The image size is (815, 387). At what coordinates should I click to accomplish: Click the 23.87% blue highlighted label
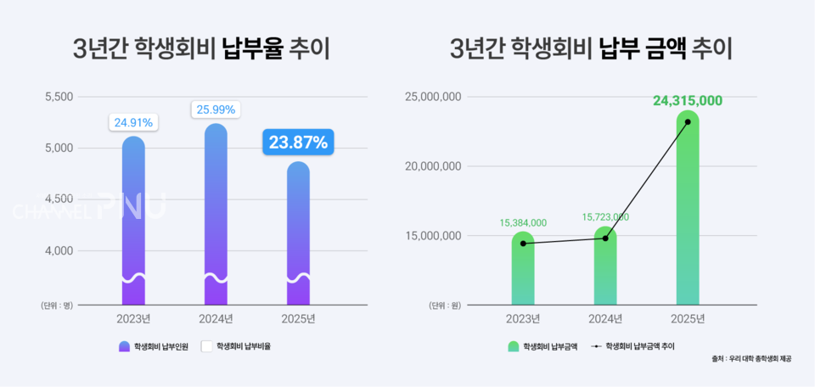[298, 143]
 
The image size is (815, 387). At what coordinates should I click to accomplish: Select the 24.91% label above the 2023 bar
[132, 122]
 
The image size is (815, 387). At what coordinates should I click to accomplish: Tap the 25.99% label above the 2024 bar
[216, 109]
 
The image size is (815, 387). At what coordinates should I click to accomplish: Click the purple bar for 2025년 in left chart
[298, 233]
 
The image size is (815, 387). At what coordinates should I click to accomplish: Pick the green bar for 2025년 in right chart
[688, 212]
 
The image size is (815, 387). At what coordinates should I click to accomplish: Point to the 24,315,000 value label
[688, 101]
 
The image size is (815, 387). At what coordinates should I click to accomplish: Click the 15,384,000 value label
[523, 222]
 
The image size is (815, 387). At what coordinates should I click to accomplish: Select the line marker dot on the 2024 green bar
[605, 238]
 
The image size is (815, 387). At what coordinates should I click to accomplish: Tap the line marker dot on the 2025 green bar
[688, 122]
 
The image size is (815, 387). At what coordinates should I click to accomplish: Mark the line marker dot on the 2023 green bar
[523, 244]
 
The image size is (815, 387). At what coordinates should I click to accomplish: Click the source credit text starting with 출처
[751, 359]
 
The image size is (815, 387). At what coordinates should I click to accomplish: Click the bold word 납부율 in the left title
[251, 49]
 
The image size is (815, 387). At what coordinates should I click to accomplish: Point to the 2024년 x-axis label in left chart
[216, 319]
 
